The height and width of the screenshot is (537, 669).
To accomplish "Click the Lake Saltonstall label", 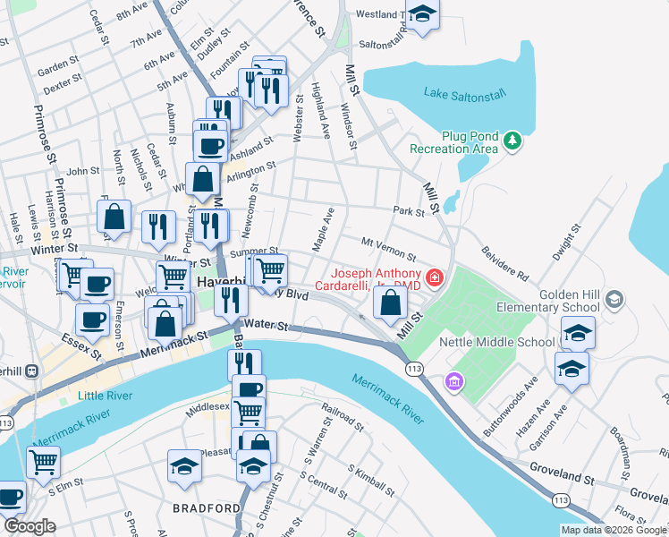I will click(462, 93).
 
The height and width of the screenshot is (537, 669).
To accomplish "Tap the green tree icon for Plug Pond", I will click(512, 141).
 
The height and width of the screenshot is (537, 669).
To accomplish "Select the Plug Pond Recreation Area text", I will click(453, 141).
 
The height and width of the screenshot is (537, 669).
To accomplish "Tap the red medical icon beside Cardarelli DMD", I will click(435, 278).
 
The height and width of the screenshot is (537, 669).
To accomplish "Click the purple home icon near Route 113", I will click(455, 382).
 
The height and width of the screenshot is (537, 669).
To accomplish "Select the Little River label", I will click(104, 396).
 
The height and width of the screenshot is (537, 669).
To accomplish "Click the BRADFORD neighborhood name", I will click(207, 507).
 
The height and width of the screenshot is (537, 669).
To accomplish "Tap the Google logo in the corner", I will click(30, 526).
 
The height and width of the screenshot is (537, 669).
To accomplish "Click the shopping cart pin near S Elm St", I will click(43, 462).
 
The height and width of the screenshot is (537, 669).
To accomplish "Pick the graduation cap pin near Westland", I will click(422, 14).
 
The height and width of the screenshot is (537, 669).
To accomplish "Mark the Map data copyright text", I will click(614, 530).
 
